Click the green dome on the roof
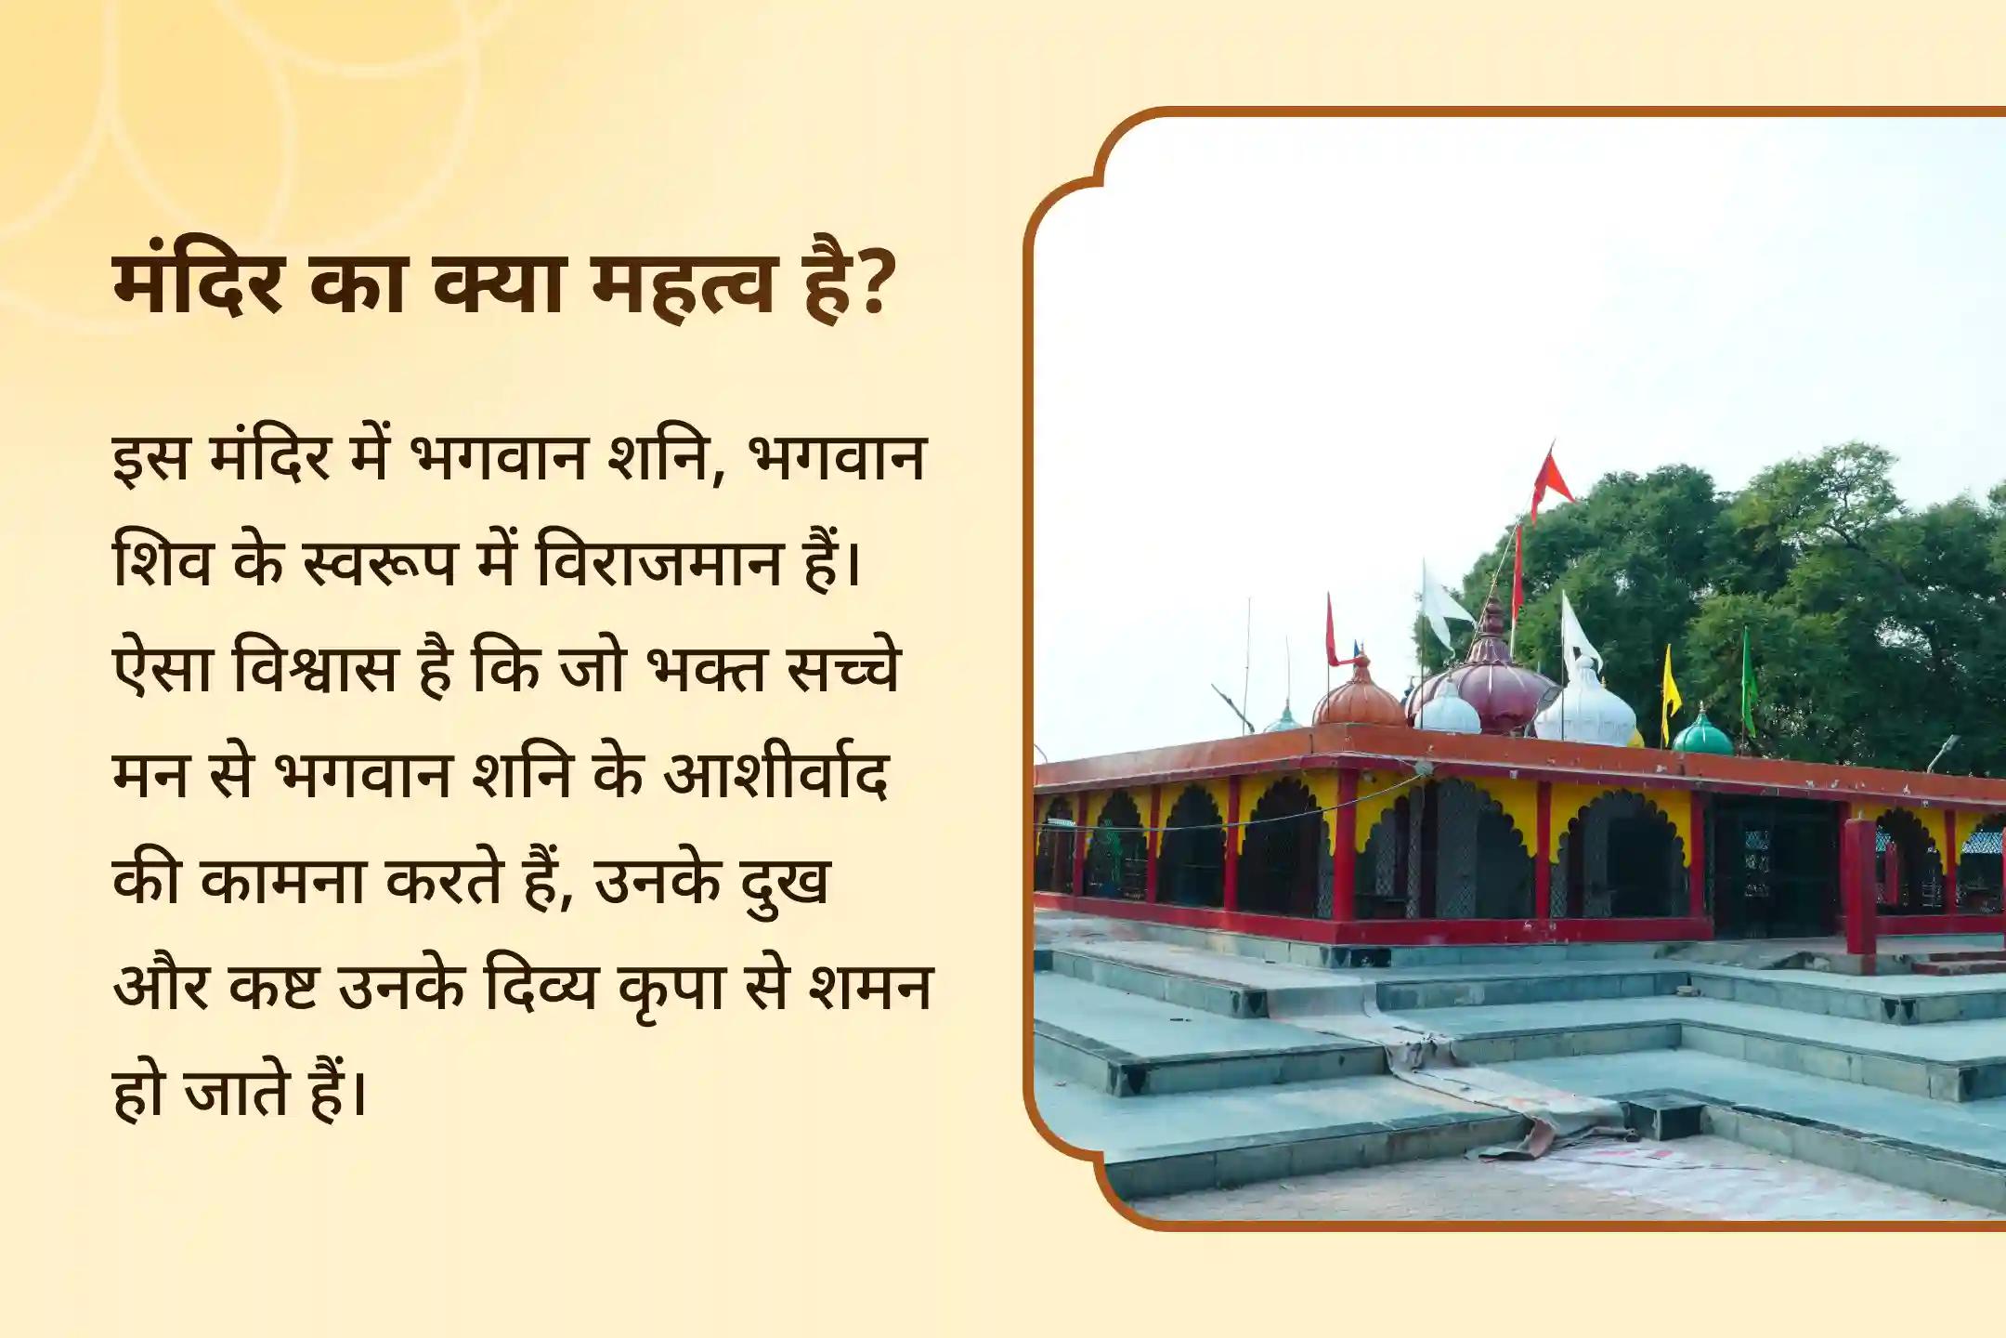tap(1702, 734)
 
